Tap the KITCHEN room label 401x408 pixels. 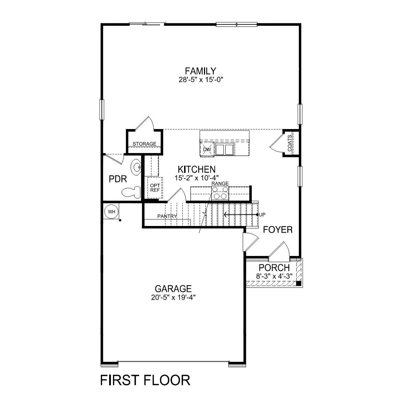pos(196,169)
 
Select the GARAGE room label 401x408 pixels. pos(173,289)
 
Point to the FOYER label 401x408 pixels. pos(278,229)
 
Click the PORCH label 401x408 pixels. pos(274,268)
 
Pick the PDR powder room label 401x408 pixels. pos(118,179)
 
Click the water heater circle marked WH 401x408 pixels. pos(112,212)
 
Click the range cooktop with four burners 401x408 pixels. pos(220,192)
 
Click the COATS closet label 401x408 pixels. pos(290,143)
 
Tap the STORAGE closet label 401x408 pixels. pos(144,144)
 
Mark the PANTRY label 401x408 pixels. pos(167,216)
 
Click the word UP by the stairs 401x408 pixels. pos(262,214)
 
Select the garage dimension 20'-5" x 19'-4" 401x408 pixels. pos(173,297)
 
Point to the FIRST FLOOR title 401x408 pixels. pos(145,380)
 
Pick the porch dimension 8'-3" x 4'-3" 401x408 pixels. pos(274,276)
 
